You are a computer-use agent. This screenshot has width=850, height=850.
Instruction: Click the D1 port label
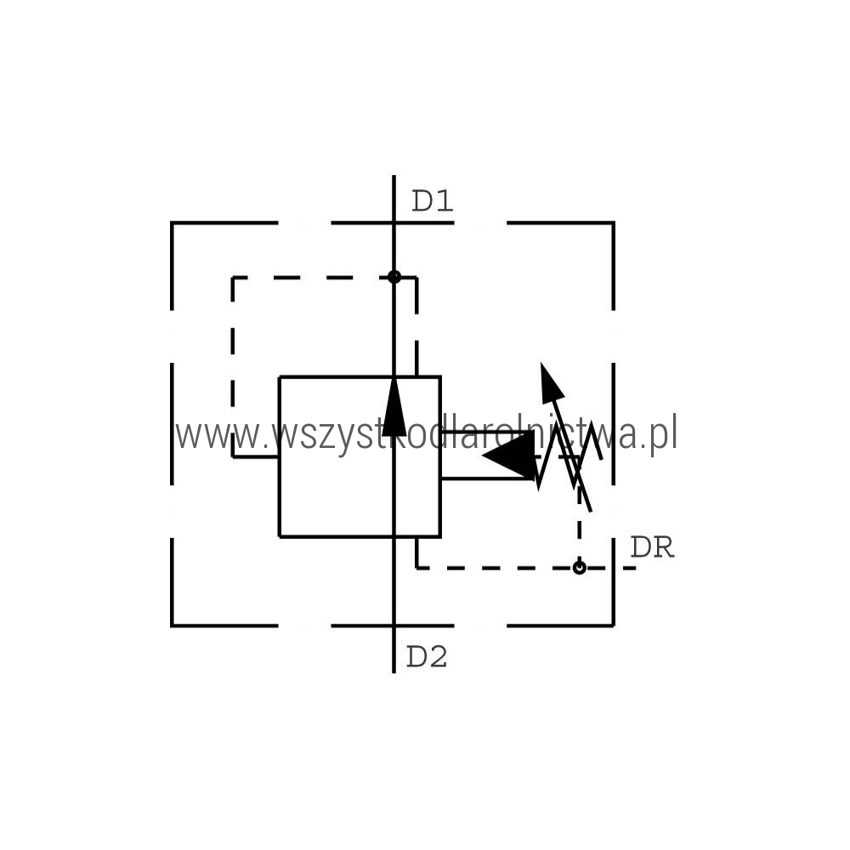[x=432, y=201]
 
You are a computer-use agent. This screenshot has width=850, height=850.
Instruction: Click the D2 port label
[x=427, y=658]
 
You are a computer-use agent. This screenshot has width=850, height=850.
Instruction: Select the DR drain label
[x=652, y=548]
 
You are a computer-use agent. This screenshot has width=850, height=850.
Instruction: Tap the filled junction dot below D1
[x=394, y=277]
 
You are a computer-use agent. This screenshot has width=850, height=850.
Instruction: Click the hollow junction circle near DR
[x=580, y=568]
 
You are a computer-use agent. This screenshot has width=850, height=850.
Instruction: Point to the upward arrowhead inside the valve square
[x=394, y=406]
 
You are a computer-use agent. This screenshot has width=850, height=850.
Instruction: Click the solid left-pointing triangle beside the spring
[x=509, y=456]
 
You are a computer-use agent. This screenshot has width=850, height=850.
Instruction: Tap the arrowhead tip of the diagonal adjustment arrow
[x=541, y=363]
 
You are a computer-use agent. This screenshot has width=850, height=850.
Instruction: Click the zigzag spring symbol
[x=569, y=456]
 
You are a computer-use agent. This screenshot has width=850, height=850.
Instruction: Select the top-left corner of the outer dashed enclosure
[x=172, y=223]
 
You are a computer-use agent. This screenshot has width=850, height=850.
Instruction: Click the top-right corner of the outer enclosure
[x=614, y=223]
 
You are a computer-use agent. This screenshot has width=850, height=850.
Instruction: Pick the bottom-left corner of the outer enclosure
[x=172, y=626]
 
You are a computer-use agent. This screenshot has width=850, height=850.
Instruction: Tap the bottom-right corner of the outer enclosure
[x=614, y=626]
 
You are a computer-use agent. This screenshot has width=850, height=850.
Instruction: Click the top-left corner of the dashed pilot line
[x=233, y=278]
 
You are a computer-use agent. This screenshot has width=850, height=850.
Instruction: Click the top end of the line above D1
[x=394, y=176]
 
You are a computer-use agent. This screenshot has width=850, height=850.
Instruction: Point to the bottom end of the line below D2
[x=394, y=672]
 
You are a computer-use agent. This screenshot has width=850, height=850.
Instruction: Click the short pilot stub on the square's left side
[x=256, y=457]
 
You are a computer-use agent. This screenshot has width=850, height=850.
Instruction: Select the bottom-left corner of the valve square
[x=280, y=536]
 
